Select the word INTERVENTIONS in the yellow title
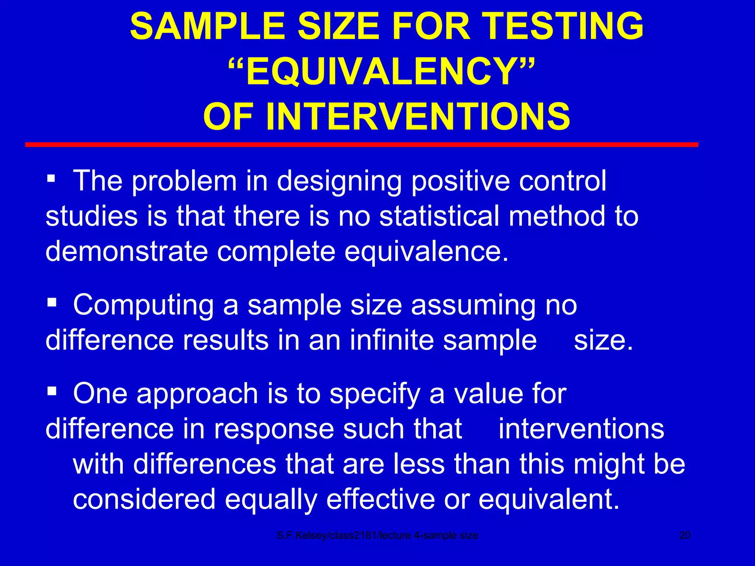(418, 117)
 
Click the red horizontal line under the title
(361, 145)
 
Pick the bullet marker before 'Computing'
(51, 303)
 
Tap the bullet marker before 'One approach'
(51, 391)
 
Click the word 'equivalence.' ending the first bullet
(427, 252)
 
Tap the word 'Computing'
(143, 306)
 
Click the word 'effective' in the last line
(380, 499)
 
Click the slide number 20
(685, 535)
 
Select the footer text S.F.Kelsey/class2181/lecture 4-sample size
(377, 535)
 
